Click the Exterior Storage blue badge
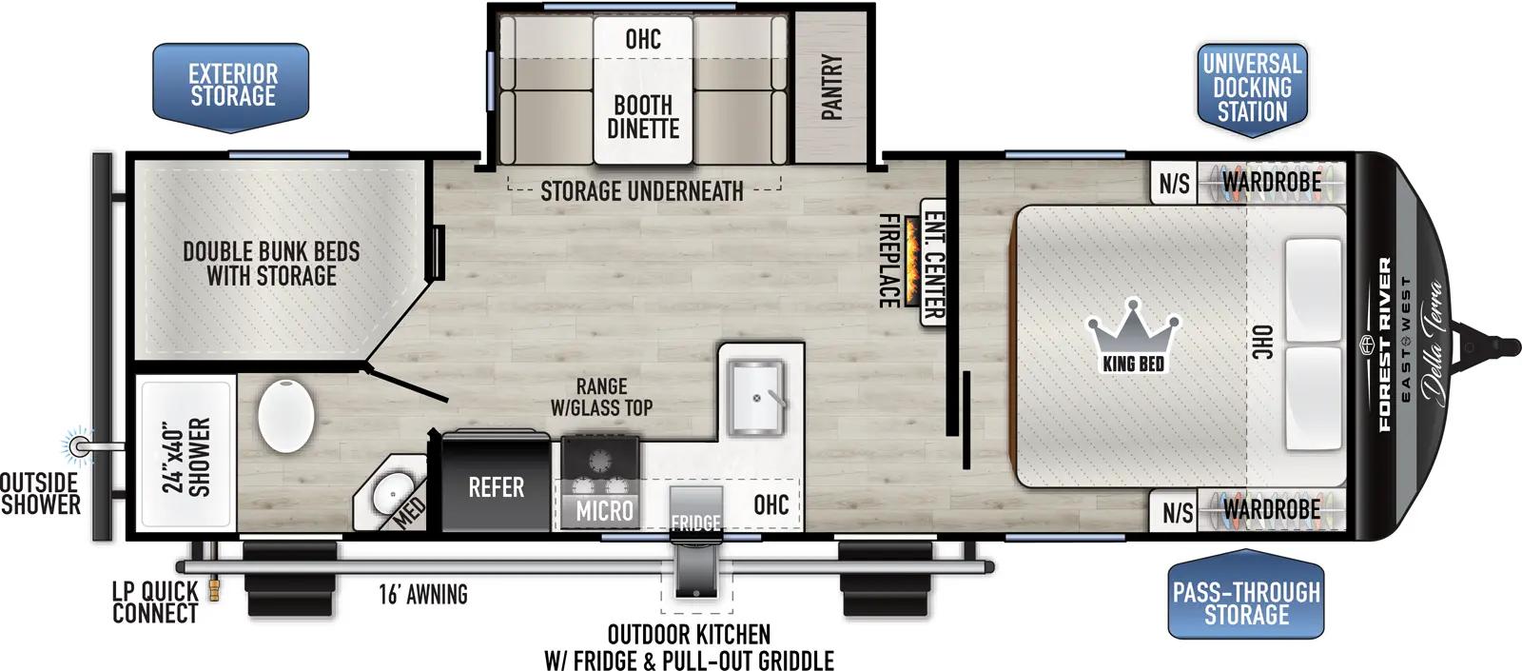click(232, 85)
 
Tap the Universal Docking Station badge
click(1251, 88)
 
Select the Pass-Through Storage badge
click(1245, 602)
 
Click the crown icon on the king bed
click(1133, 329)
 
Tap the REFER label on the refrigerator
click(496, 488)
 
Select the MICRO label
click(604, 511)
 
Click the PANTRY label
click(831, 87)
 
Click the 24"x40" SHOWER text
click(186, 457)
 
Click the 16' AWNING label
click(423, 595)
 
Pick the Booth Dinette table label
click(643, 117)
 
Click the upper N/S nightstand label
click(1174, 183)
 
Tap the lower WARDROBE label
click(1271, 509)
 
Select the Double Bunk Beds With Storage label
click(271, 264)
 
